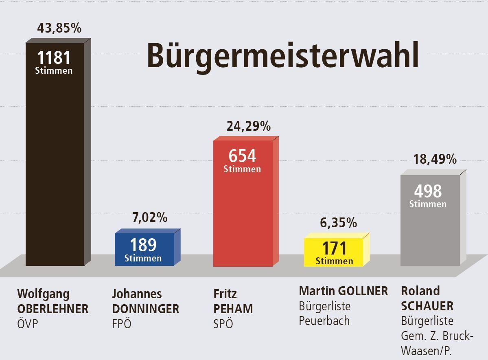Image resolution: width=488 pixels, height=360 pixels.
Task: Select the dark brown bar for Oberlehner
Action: tap(55, 163)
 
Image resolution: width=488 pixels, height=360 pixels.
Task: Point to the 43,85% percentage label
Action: tap(59, 28)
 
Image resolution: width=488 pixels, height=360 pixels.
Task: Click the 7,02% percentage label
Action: tap(150, 217)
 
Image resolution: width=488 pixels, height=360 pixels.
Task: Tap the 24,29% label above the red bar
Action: tap(248, 126)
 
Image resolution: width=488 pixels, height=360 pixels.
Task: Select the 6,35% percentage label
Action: tap(338, 223)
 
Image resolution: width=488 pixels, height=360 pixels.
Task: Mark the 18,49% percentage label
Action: tap(435, 159)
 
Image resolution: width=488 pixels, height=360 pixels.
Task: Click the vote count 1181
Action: tap(54, 58)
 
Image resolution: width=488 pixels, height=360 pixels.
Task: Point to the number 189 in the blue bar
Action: tap(143, 245)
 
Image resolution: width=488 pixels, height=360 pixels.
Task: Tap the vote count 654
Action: tap(242, 156)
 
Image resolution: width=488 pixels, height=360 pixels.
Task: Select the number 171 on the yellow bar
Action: tap(334, 248)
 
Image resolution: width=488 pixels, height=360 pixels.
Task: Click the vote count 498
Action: tap(428, 191)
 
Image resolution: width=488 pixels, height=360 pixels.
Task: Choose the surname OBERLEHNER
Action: tap(53, 309)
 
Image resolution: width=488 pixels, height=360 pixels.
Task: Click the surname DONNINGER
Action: tap(145, 309)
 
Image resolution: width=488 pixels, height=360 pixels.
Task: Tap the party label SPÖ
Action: tap(223, 324)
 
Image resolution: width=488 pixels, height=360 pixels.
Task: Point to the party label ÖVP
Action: tap(29, 324)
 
